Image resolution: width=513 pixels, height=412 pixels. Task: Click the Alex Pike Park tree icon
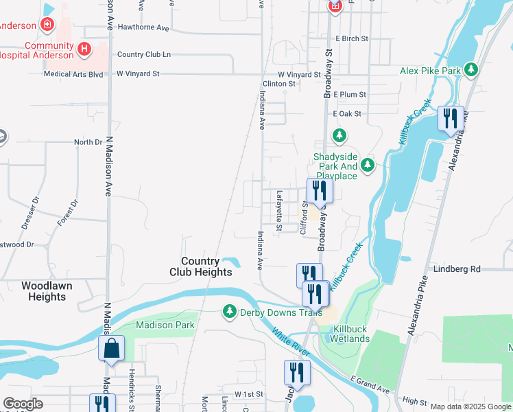click(470, 70)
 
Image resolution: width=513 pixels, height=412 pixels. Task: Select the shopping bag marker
click(111, 349)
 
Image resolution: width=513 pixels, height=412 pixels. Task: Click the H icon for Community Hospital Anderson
click(84, 49)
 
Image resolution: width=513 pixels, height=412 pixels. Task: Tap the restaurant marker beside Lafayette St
click(318, 190)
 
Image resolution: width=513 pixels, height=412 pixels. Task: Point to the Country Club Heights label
click(200, 266)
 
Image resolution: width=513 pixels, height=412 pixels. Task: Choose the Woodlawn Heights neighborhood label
click(43, 291)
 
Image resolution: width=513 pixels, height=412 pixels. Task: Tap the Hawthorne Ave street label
click(143, 28)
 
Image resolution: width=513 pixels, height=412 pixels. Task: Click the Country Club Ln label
click(143, 54)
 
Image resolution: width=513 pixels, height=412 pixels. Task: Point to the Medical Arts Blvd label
click(73, 73)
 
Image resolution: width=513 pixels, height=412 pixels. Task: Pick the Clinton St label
click(278, 83)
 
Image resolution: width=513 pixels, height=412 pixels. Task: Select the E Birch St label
click(352, 39)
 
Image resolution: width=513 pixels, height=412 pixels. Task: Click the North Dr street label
click(88, 142)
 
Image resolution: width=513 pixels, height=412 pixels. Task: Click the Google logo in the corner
click(23, 404)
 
